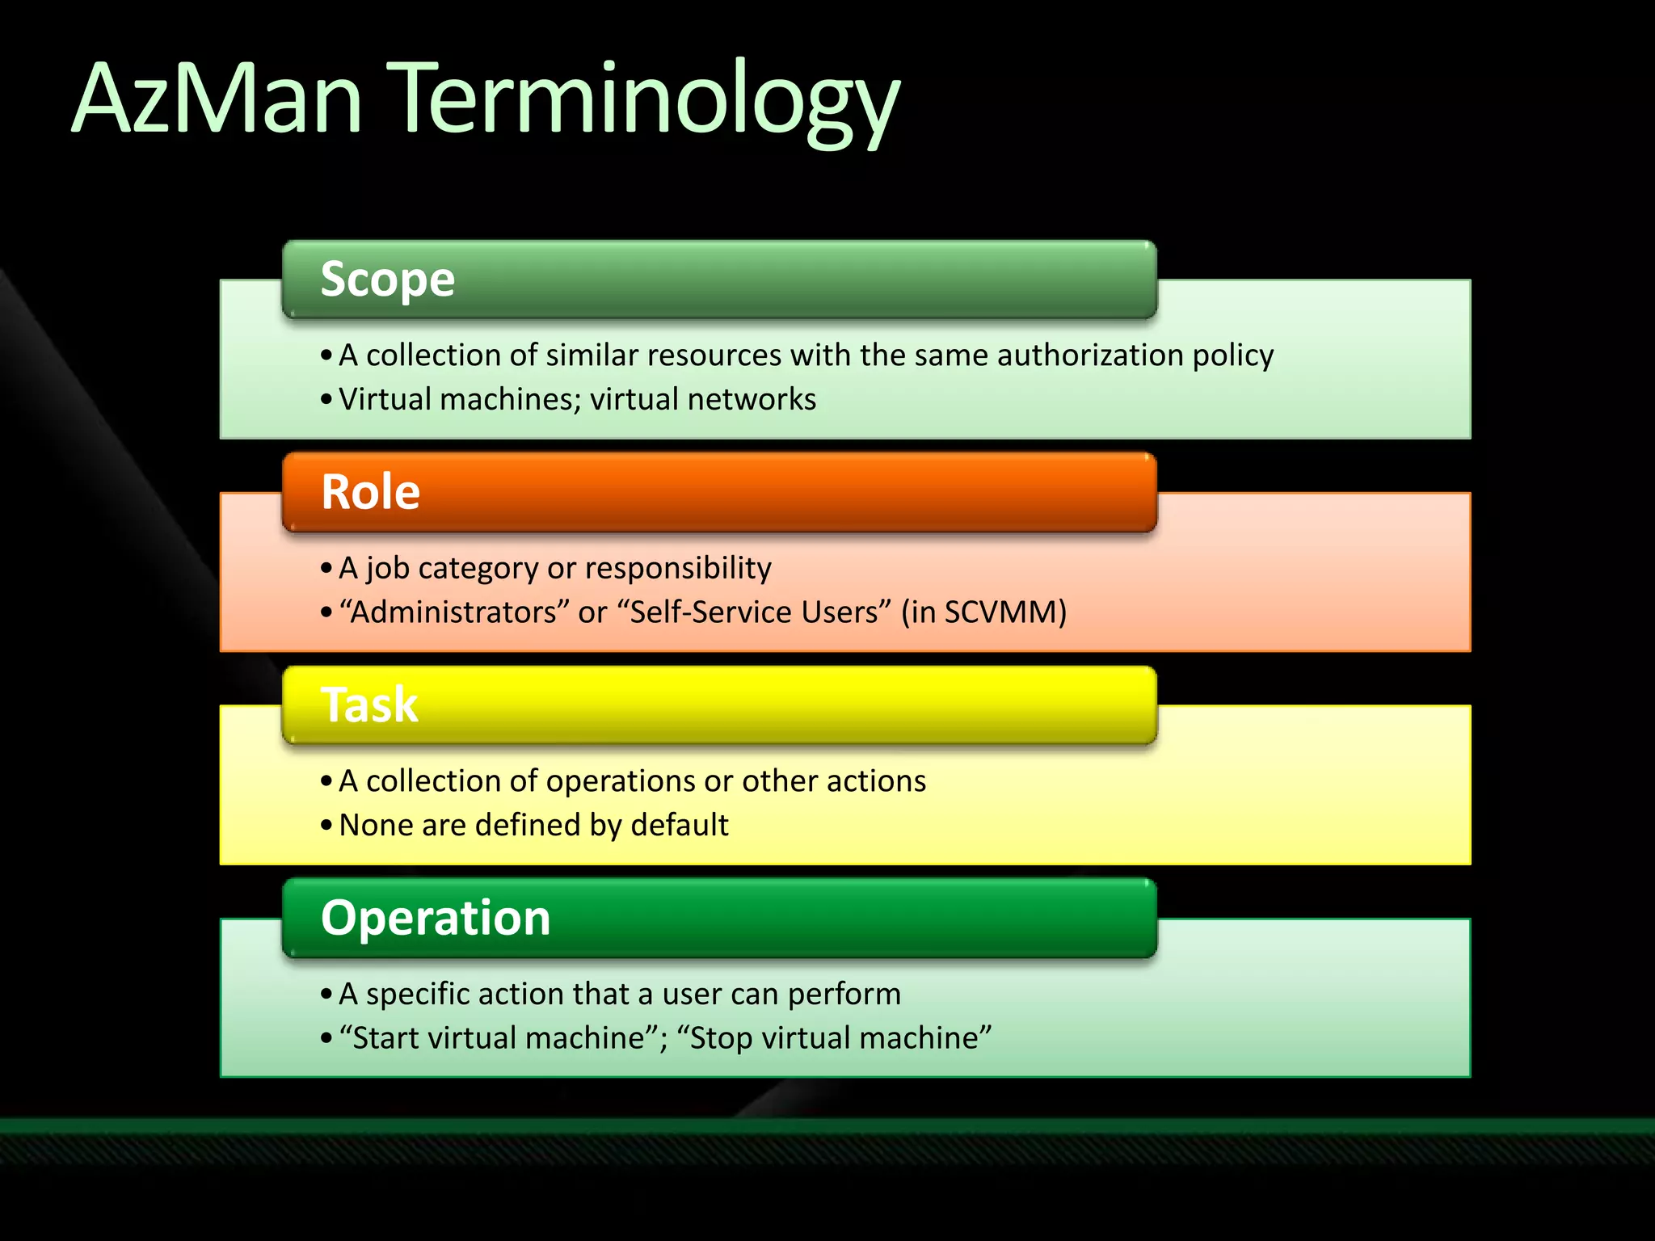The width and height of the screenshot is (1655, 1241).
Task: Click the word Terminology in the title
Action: pyautogui.click(x=642, y=101)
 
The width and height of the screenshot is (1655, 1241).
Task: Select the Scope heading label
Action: pyautogui.click(x=387, y=280)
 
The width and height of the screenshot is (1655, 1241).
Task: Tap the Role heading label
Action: pyautogui.click(x=370, y=491)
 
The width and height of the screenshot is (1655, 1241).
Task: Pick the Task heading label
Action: pyautogui.click(x=369, y=705)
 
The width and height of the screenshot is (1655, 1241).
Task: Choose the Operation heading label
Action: pyautogui.click(x=435, y=918)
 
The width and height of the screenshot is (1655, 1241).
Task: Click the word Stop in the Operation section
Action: pyautogui.click(x=721, y=1038)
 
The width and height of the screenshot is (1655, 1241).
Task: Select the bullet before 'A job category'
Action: pyautogui.click(x=326, y=569)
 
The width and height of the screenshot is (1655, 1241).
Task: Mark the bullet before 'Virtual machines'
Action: pyautogui.click(x=326, y=400)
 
